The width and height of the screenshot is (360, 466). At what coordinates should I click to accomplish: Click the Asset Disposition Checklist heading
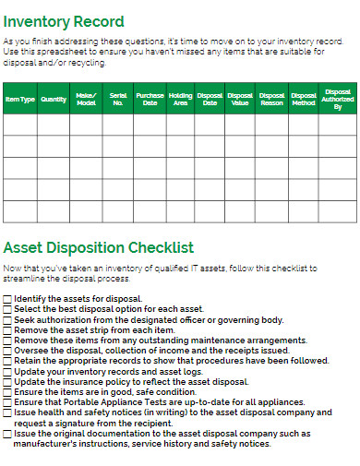99,247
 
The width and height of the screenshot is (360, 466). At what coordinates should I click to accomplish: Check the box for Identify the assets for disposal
7,299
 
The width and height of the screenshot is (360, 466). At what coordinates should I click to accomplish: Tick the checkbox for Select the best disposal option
7,309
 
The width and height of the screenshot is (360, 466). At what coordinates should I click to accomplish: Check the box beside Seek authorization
7,319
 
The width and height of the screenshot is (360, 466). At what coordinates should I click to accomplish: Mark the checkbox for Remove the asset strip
7,329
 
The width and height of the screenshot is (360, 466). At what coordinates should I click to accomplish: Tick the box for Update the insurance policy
7,381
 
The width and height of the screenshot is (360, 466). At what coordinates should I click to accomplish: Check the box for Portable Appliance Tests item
7,402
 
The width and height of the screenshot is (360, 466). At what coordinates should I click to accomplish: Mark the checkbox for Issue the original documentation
7,433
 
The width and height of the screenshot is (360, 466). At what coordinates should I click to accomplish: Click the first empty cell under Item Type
20,125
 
